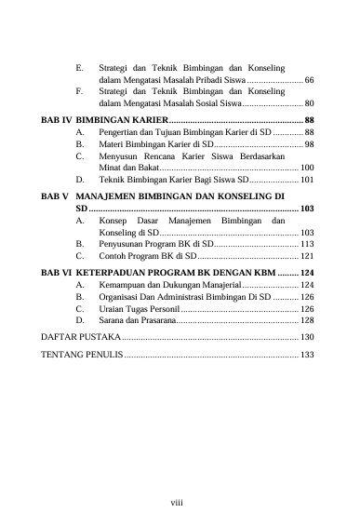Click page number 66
tap(309, 80)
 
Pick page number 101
tap(306, 179)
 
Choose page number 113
tap(306, 243)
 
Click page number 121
tap(306, 254)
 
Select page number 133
tap(306, 355)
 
